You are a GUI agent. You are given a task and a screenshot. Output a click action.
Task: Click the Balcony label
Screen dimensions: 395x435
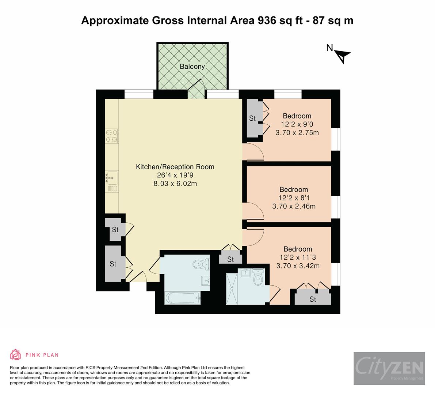tap(192, 67)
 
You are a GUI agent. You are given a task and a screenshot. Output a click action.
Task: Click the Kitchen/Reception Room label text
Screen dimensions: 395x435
tap(175, 167)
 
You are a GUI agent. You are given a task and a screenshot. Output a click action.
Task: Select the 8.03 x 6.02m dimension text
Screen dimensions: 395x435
tap(175, 184)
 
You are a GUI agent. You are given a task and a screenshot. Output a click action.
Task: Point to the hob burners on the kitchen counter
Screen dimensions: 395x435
tap(112, 136)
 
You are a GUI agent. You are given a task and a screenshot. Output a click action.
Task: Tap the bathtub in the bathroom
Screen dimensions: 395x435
tap(183, 298)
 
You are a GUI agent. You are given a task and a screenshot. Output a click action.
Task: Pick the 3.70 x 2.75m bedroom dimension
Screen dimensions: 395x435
tap(297, 132)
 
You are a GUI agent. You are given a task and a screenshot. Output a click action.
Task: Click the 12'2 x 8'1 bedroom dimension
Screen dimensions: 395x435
tap(294, 198)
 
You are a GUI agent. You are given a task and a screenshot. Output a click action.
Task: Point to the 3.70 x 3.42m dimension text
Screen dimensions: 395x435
tap(298, 266)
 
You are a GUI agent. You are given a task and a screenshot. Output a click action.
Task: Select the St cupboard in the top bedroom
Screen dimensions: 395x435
tap(253, 118)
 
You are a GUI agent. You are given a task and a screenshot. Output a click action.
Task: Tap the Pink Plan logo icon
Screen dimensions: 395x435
tap(16, 354)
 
